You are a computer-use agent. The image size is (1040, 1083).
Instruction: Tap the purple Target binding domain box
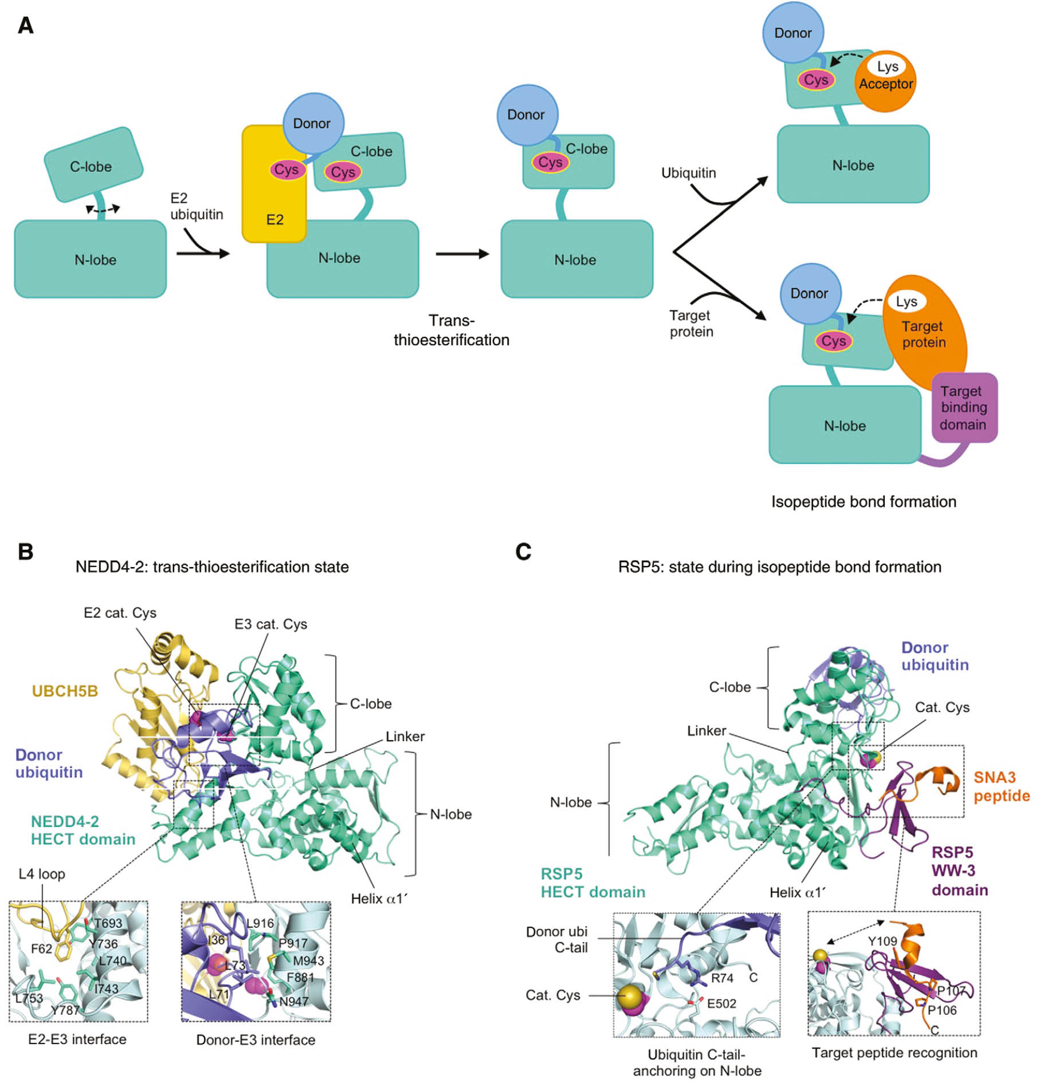[964, 408]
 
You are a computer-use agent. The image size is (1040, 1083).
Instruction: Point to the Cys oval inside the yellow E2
[287, 170]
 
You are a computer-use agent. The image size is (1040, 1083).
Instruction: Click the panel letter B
[26, 552]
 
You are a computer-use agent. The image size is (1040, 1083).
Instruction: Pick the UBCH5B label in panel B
[65, 691]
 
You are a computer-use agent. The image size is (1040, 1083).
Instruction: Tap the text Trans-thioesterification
[451, 330]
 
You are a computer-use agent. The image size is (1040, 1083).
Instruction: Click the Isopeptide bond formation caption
[864, 502]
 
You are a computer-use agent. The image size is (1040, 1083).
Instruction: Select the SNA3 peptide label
[1000, 786]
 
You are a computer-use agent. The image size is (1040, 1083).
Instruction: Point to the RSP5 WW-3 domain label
[959, 871]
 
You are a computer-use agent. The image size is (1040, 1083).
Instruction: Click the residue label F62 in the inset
[41, 949]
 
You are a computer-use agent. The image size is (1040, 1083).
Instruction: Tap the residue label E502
[721, 1003]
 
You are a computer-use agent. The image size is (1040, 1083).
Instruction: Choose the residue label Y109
[882, 942]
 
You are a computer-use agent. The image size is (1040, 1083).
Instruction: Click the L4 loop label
[42, 874]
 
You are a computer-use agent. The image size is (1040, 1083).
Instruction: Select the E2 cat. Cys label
[120, 613]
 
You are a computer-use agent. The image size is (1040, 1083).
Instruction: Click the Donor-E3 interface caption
[256, 1040]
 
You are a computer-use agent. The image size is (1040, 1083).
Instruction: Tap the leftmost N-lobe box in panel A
[91, 259]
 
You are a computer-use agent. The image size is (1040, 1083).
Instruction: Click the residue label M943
[308, 960]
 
